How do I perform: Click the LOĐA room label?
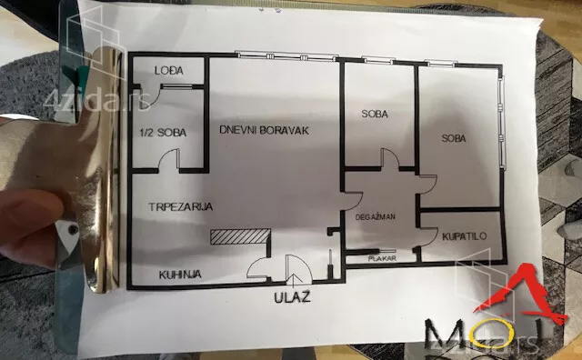tap(165, 71)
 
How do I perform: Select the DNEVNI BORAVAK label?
tap(265, 130)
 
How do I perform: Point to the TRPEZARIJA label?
tap(181, 207)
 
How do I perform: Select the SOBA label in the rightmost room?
tap(455, 138)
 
